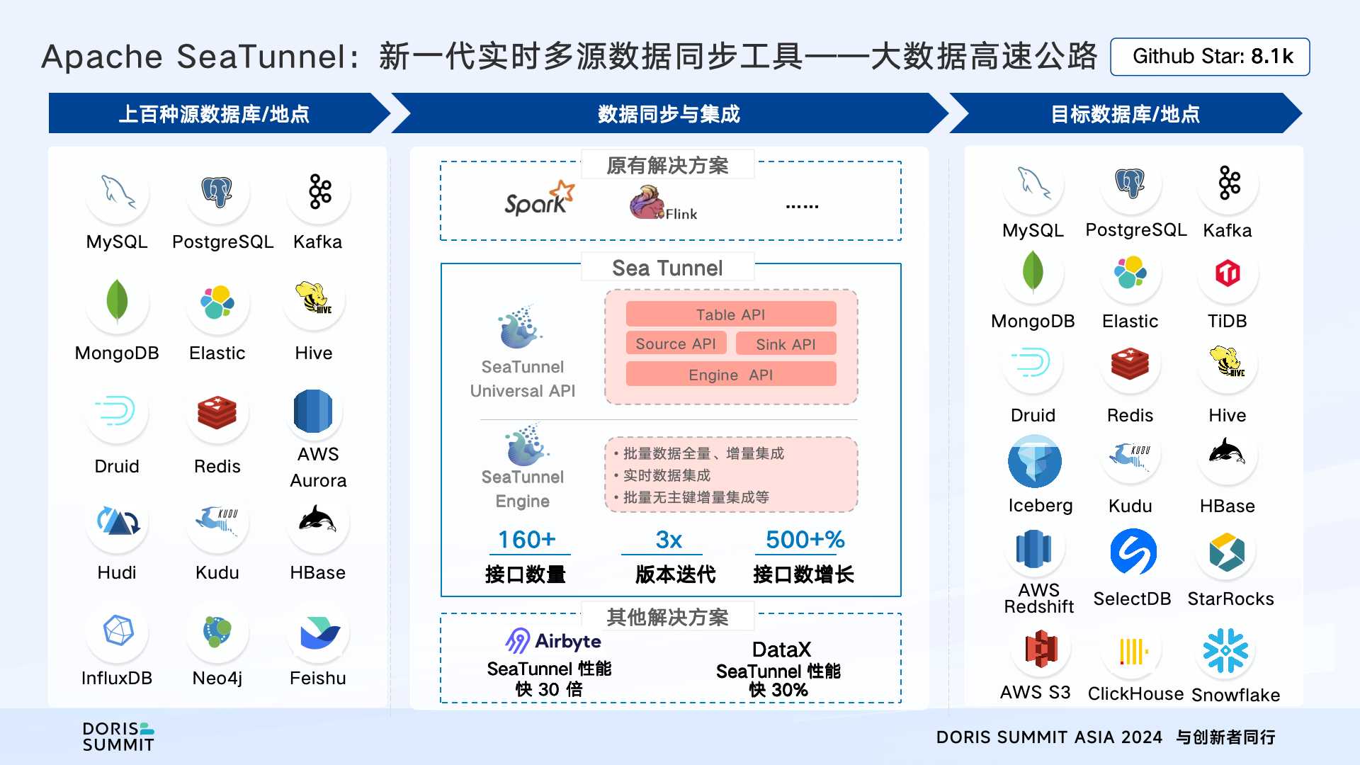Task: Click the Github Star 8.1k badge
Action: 1210,57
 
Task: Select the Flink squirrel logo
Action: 647,203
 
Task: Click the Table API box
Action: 730,314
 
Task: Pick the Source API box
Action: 676,344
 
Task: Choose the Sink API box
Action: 786,344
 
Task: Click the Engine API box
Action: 730,375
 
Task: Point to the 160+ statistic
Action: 527,540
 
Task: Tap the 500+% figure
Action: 805,540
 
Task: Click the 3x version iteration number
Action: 668,540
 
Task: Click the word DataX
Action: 781,650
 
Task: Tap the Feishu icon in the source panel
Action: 319,633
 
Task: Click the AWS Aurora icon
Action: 312,412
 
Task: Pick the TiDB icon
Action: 1227,273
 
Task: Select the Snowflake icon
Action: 1225,650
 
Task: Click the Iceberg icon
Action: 1034,461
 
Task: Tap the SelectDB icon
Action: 1133,552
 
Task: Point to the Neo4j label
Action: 217,678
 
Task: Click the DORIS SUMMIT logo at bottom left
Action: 118,737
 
